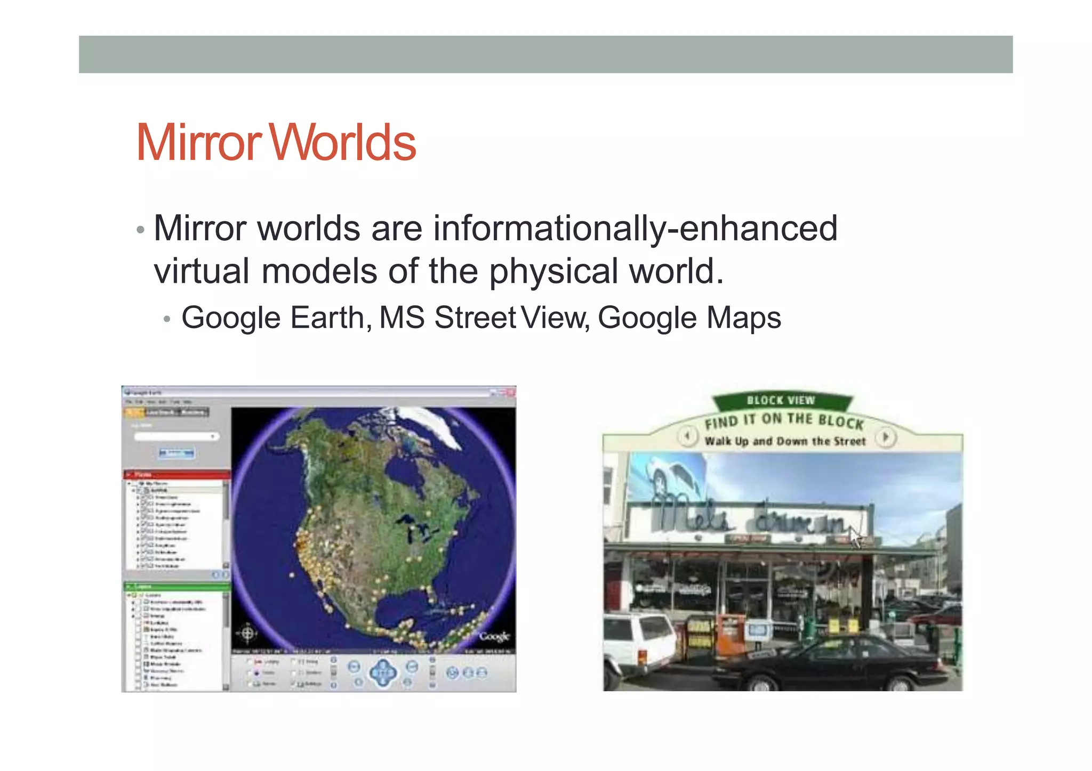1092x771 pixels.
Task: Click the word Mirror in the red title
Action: (198, 142)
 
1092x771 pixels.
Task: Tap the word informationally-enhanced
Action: (635, 229)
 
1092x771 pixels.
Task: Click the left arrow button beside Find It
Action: (687, 437)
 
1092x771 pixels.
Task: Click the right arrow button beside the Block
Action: (886, 437)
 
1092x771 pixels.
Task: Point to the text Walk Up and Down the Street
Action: (785, 441)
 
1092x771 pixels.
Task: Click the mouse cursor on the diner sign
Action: (855, 538)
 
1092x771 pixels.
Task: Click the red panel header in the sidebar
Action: (176, 474)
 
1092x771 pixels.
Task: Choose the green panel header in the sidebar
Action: (176, 587)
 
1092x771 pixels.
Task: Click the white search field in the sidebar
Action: (176, 436)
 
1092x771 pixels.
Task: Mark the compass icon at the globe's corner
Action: (248, 634)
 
